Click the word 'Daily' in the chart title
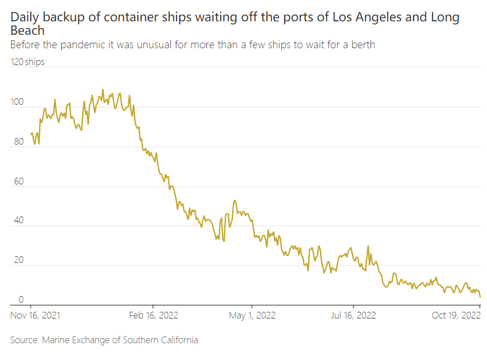(26, 17)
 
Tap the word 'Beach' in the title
(27, 30)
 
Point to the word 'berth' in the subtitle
(362, 45)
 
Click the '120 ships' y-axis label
(27, 62)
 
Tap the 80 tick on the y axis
(19, 142)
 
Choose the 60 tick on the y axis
(19, 182)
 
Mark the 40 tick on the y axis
(19, 221)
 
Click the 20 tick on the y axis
(19, 261)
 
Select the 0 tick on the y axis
(21, 300)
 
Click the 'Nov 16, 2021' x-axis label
(35, 315)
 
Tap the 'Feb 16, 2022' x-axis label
(154, 315)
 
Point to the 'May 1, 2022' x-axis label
(252, 315)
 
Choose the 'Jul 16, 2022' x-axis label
(354, 315)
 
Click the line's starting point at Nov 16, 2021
(30, 135)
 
